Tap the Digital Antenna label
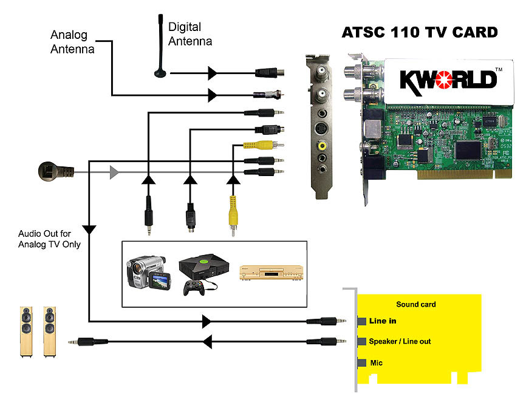[190, 34]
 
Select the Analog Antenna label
[72, 42]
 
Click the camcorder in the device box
[146, 272]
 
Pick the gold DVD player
[266, 271]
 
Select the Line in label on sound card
[383, 321]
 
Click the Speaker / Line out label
[400, 341]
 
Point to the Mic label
[377, 363]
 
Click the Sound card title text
[416, 304]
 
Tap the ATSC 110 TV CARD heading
[420, 32]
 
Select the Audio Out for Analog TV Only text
[49, 239]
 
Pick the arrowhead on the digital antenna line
[212, 73]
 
